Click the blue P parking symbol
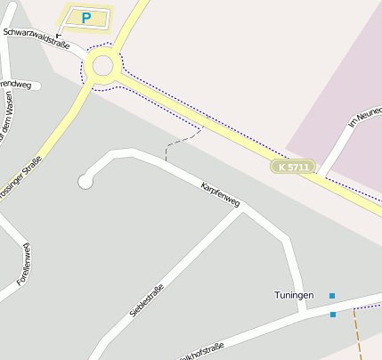(85, 17)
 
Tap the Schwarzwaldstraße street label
(37, 37)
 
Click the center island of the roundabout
(102, 65)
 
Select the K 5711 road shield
(293, 167)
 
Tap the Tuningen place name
(294, 294)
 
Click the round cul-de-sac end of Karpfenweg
(85, 182)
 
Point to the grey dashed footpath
(178, 142)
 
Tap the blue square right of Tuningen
(332, 295)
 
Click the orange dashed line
(358, 334)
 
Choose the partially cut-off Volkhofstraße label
(200, 350)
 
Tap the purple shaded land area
(338, 89)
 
